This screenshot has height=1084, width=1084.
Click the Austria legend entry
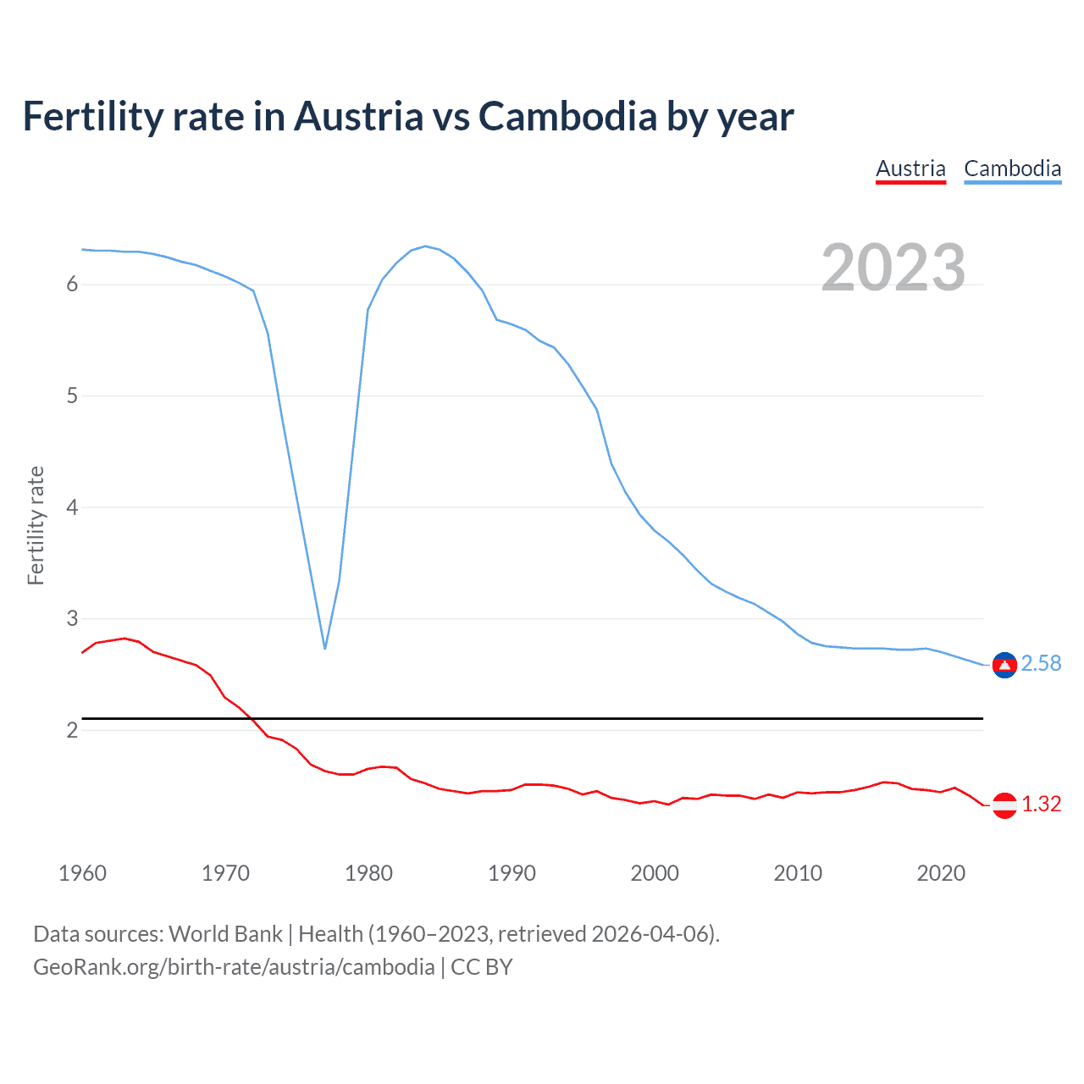point(910,169)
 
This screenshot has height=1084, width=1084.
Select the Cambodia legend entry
point(1012,169)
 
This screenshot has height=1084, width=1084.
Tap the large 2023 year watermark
point(893,268)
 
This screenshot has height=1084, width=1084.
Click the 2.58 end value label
point(1041,664)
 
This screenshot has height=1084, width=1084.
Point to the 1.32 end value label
point(1041,805)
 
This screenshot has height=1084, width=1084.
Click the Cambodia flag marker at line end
point(1004,666)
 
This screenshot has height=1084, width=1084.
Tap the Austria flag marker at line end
point(1004,805)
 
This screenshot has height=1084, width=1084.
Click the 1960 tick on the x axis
point(82,873)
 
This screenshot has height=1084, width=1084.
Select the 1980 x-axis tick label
point(368,873)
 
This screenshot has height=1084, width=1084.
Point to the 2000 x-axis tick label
point(655,873)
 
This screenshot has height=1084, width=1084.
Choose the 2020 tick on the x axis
point(941,873)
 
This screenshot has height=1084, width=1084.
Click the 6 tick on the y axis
point(72,285)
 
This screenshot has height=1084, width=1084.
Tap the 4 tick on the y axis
point(72,508)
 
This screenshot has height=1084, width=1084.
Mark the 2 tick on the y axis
point(72,731)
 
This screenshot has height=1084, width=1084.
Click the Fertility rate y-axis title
point(36,525)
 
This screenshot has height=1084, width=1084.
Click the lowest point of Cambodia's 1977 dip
point(325,648)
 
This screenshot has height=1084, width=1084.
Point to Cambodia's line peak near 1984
point(425,246)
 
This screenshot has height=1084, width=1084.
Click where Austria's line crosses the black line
point(251,718)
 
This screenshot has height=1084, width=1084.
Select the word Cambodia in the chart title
point(567,117)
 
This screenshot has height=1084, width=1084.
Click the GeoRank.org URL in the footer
point(234,967)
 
